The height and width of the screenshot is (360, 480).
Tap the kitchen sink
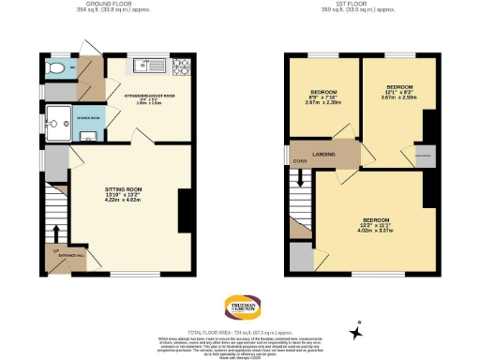click(x=143, y=65)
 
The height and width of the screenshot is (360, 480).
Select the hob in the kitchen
click(x=179, y=65)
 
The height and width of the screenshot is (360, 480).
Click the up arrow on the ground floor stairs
click(x=56, y=232)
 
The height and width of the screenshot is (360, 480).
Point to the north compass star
click(x=355, y=331)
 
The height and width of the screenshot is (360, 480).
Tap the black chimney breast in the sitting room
click(x=183, y=211)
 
